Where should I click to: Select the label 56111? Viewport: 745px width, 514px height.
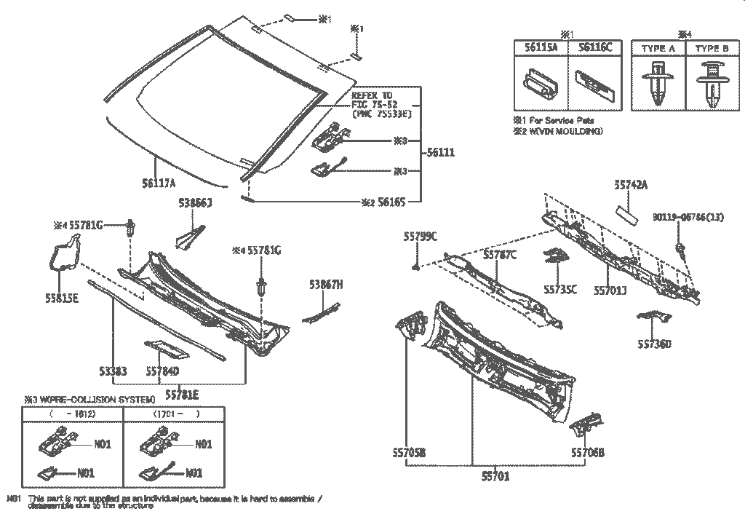pos(441,153)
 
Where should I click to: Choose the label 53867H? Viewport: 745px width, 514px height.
pos(326,285)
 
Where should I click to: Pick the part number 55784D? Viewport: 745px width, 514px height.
pos(162,371)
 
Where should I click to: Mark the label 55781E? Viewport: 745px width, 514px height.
pos(182,395)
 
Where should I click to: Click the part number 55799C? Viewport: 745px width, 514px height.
pos(421,237)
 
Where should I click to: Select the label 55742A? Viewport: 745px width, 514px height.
pos(631,186)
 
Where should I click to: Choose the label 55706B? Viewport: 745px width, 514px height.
pos(587,453)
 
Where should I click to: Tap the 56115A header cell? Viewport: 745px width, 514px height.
pos(541,47)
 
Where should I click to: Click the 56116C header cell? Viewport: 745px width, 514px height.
pos(596,47)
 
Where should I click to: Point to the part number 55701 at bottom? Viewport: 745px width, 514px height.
pos(495,477)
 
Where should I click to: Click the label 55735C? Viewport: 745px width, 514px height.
pos(560,289)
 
